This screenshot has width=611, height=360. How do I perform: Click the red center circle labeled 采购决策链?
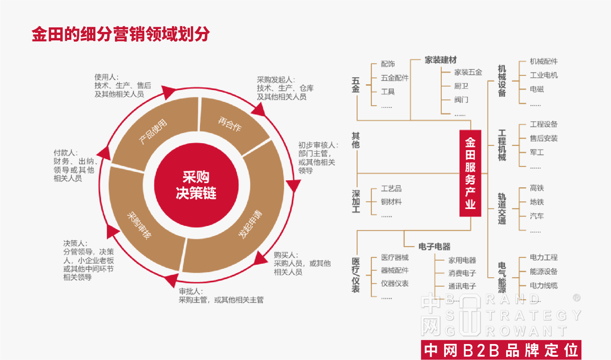point(196,185)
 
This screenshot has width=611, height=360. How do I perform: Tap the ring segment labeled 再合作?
point(230,124)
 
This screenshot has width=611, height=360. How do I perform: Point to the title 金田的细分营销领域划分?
point(121,34)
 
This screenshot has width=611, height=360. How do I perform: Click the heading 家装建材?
point(441,60)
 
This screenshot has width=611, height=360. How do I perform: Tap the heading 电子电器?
point(434,247)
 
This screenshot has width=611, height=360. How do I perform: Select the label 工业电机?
point(544,75)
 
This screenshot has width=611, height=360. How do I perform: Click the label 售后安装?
point(544,138)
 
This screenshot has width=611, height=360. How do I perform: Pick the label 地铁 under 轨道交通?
point(537,202)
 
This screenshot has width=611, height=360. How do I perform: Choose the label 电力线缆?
point(544,285)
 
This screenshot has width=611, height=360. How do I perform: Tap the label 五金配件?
point(394,78)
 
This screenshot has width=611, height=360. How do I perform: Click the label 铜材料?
point(391,202)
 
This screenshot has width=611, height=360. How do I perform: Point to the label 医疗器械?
point(395,257)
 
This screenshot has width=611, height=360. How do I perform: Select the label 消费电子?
point(462,273)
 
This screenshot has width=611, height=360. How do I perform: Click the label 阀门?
point(461,100)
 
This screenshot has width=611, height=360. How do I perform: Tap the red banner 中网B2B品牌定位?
point(501,350)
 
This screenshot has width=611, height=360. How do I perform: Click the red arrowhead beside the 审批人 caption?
point(172,280)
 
